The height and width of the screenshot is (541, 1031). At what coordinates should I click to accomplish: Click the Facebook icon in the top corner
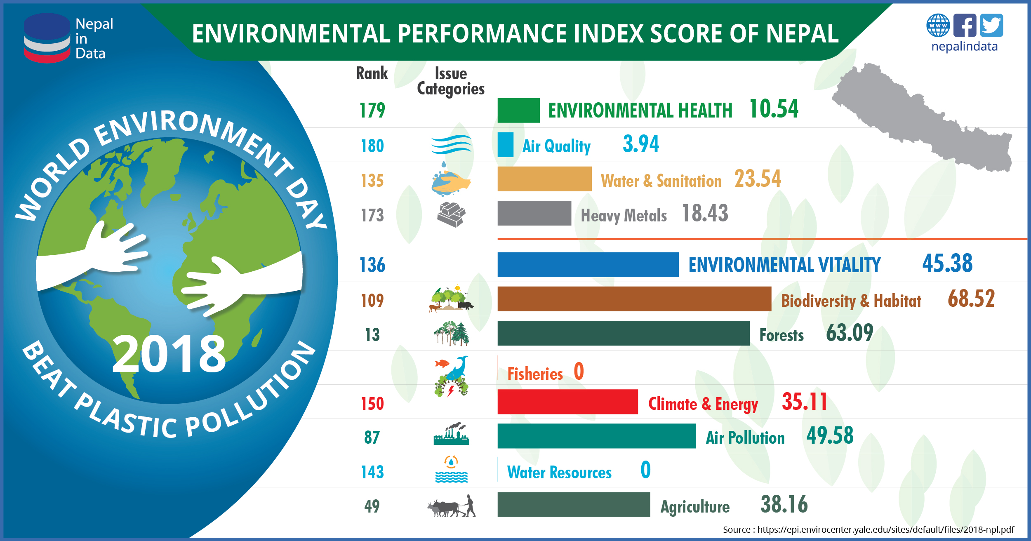point(965,26)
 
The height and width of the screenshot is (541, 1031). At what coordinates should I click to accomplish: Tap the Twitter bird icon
point(991,26)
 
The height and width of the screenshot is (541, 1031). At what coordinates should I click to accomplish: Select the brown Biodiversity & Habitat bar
point(634,299)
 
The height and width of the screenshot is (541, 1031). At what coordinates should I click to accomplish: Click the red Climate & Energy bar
point(567,402)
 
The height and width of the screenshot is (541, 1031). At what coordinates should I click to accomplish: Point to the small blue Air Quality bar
point(505,145)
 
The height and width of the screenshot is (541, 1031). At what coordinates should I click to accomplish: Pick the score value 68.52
point(971,299)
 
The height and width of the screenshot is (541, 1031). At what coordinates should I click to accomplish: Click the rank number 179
point(372,111)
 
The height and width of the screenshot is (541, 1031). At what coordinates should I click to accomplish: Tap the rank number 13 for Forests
point(372,335)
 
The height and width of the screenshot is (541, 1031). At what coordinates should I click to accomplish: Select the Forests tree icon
point(451,334)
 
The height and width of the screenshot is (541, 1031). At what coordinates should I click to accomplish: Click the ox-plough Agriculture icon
point(451,506)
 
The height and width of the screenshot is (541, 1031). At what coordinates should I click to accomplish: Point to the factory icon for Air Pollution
point(451,434)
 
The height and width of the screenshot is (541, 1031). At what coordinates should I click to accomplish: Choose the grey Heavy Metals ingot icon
point(451,214)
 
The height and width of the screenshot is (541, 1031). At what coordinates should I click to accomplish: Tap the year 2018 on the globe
point(169,354)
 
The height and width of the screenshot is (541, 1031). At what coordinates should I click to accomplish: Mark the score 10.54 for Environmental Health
point(773,109)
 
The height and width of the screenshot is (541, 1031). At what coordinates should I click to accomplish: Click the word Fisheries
point(535,374)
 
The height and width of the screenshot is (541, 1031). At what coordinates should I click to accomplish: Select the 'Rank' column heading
point(372,73)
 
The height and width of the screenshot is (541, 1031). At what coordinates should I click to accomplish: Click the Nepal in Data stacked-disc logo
point(47,38)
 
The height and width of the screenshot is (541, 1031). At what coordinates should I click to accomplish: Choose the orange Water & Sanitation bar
point(544,179)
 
